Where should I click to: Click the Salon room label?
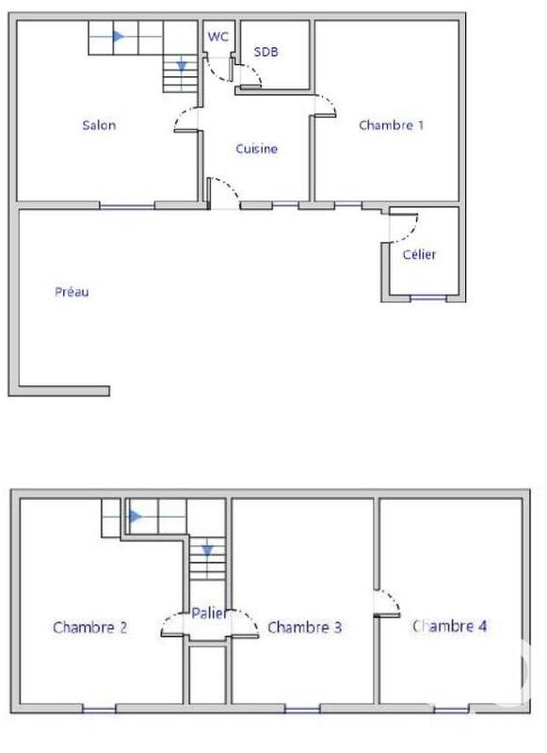point(99,125)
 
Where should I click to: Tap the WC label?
point(217,37)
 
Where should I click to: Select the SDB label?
point(266,53)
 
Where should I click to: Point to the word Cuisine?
point(256,149)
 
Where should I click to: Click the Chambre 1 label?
point(391,125)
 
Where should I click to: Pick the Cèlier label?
point(419,255)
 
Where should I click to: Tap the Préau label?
point(71,292)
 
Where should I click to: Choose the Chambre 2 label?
point(90,627)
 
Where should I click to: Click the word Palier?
point(208,614)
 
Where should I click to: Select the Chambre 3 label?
point(304,627)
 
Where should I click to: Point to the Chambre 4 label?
point(449,625)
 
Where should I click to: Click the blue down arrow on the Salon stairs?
point(182,66)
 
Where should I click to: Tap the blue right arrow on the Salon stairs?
point(118,37)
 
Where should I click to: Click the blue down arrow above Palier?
point(207,550)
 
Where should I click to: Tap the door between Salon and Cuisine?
point(186,119)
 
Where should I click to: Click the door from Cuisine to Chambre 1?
point(325,104)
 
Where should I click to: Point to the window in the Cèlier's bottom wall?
point(428,298)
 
